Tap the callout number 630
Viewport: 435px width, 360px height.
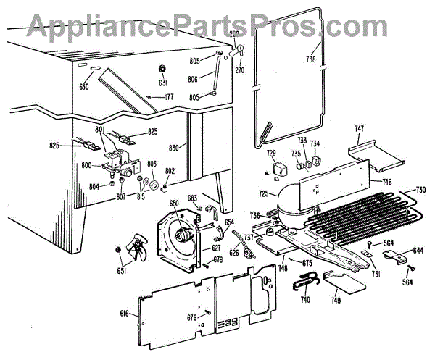[86, 88]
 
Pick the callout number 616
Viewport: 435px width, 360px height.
[125, 313]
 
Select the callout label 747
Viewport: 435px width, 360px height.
[359, 128]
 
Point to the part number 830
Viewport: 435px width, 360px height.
[173, 147]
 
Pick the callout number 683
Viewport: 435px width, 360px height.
[191, 198]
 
